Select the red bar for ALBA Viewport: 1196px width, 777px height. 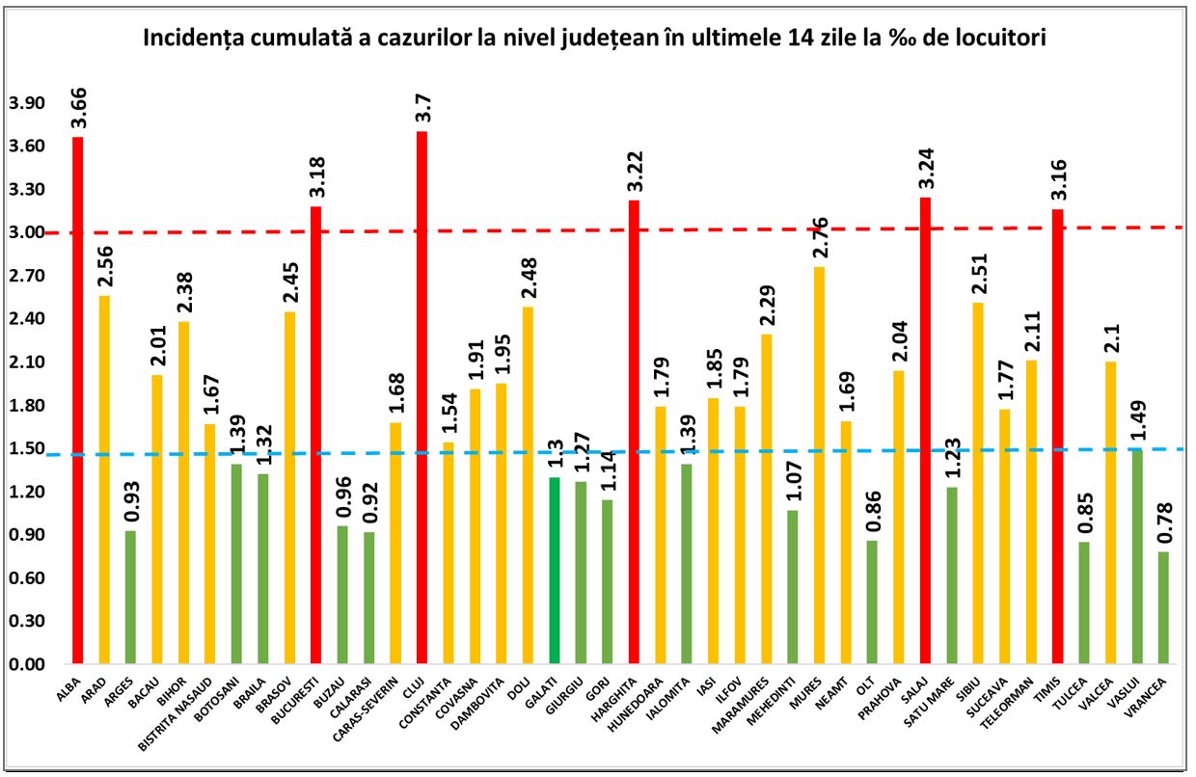tap(78, 400)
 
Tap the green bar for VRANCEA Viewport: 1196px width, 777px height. tap(1163, 607)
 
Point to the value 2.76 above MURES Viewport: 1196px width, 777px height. tap(820, 236)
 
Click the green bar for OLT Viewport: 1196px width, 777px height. tap(872, 603)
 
